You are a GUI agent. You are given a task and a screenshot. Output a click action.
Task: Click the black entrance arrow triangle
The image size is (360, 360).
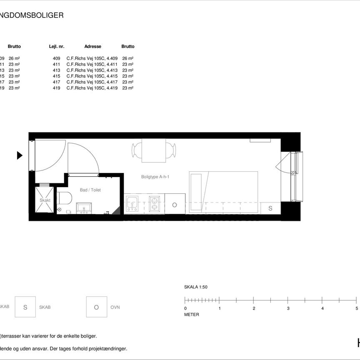(x=19, y=155)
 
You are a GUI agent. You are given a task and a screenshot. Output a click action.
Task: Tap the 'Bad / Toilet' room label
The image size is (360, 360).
(x=90, y=190)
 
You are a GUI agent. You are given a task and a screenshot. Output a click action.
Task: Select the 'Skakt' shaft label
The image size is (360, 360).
(x=45, y=200)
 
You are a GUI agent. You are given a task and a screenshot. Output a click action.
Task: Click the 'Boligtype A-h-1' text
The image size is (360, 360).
(x=155, y=177)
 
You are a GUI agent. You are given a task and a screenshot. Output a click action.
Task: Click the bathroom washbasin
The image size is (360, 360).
(x=86, y=207)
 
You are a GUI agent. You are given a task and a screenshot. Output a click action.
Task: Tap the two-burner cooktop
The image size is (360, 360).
(x=154, y=204)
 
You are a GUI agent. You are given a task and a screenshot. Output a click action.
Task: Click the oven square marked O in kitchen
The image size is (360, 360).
(x=175, y=205)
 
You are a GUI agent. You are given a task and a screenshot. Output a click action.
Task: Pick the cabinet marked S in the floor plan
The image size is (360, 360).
(x=270, y=208)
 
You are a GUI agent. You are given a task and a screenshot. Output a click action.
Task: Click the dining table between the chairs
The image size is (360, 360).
(x=154, y=151)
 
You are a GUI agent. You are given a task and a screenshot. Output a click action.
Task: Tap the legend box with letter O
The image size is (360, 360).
(x=96, y=307)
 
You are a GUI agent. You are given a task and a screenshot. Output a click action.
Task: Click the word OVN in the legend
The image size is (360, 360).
(x=115, y=307)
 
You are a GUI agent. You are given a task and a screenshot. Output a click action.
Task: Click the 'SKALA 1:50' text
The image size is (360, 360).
(x=196, y=287)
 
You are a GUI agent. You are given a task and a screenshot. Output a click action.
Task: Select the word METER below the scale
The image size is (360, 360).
(x=192, y=315)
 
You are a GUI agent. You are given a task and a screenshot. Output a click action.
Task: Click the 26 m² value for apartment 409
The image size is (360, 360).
(x=128, y=58)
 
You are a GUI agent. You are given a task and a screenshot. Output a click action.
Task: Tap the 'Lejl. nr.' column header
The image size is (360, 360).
(x=57, y=47)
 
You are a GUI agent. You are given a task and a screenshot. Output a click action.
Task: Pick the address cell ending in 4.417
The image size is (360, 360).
(x=92, y=82)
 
